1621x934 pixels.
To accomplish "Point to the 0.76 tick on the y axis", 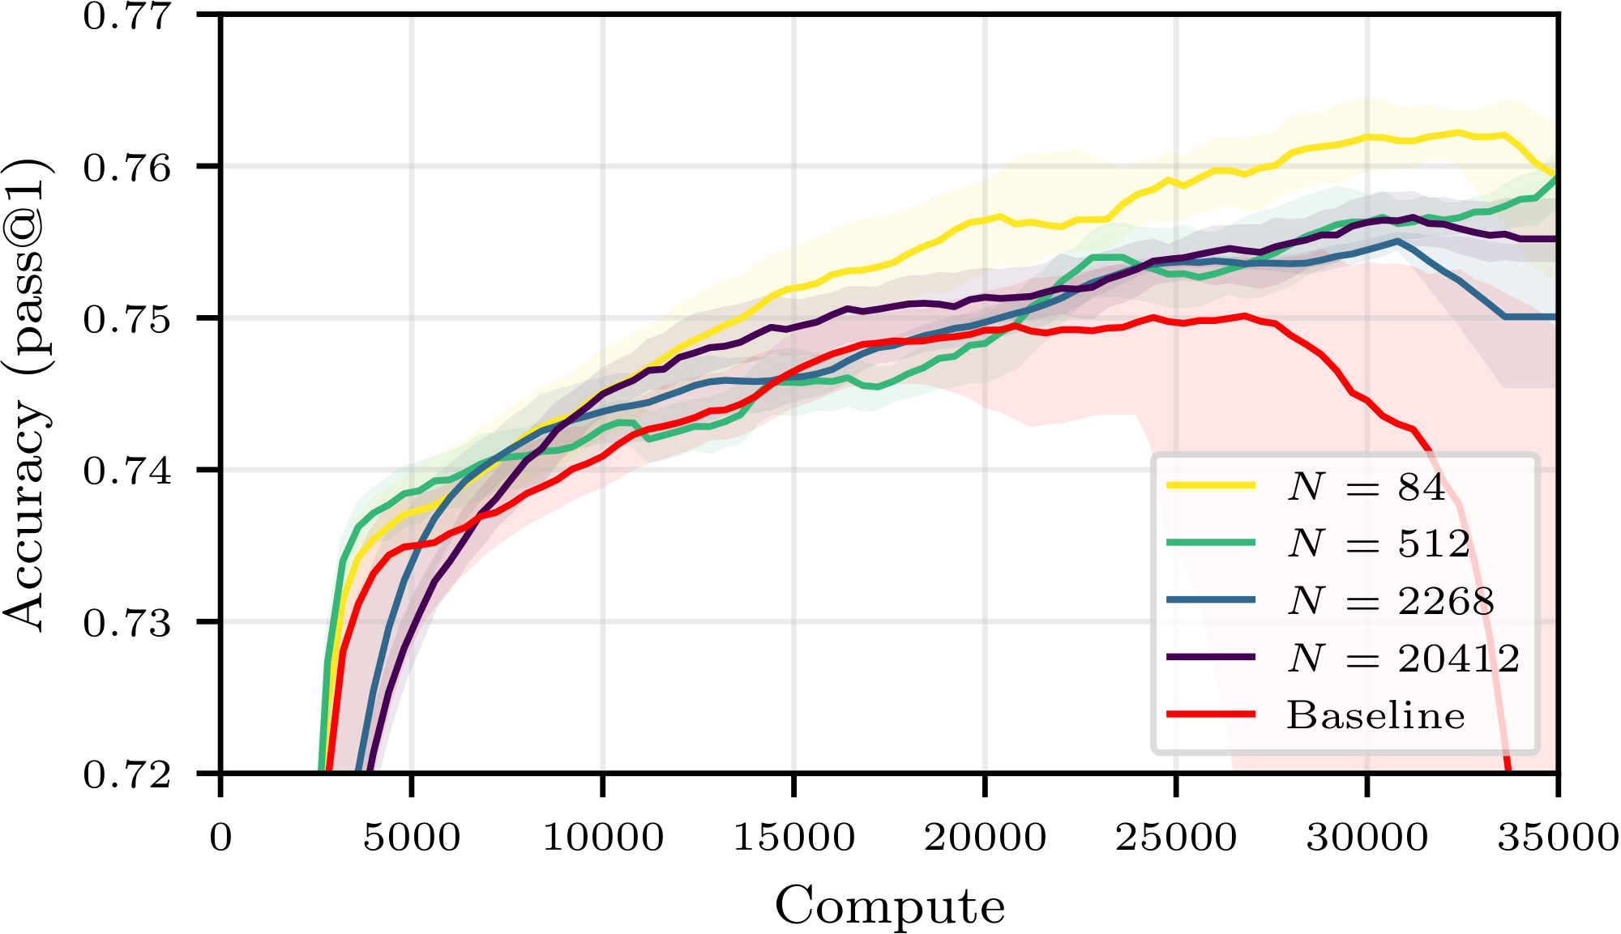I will [127, 168].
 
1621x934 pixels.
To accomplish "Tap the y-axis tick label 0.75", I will [127, 320].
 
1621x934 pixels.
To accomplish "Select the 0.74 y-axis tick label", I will [127, 471].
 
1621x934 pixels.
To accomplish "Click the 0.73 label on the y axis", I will [127, 623].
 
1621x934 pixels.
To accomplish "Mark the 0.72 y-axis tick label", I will [127, 775].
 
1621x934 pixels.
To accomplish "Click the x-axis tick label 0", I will [220, 838].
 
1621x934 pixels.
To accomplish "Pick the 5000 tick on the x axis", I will [412, 838].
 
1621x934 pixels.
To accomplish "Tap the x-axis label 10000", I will [603, 838].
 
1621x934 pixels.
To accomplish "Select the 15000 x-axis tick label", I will [794, 838].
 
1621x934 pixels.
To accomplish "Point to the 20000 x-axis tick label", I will [985, 838].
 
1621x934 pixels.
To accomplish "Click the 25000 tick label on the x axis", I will [1176, 838].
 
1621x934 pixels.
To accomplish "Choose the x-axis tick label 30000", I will [1367, 838].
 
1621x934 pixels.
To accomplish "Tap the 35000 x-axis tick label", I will [1558, 838].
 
